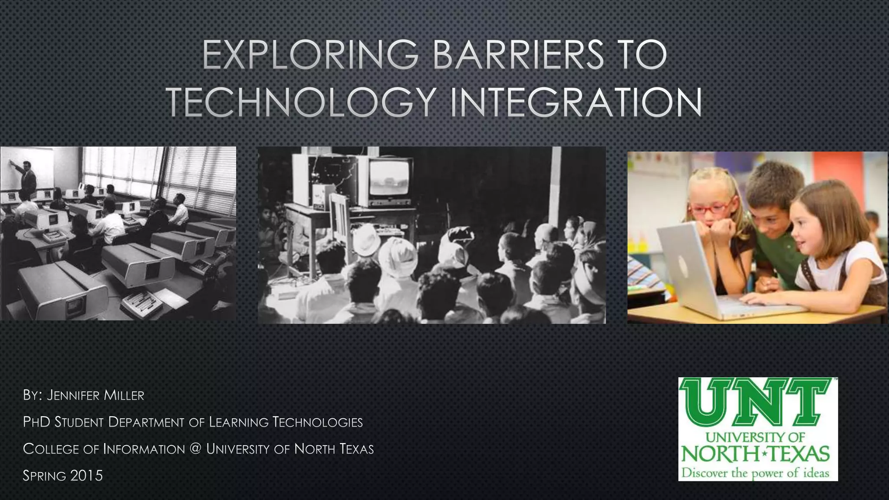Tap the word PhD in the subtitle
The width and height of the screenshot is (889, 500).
pos(37,422)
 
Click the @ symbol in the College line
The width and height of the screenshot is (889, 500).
pos(195,449)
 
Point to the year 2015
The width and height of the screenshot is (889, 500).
pos(86,476)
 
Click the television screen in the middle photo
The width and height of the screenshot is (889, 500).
pos(389,178)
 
